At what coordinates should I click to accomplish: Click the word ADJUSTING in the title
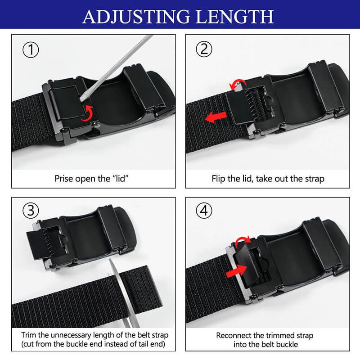(136, 17)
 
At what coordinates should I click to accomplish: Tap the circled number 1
(31, 50)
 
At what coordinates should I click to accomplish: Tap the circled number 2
(204, 49)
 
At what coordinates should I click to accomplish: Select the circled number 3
(31, 211)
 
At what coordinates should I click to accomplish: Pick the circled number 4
(204, 210)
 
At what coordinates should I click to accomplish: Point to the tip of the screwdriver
(82, 99)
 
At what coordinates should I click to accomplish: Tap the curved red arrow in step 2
(238, 83)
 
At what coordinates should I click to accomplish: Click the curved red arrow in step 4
(242, 239)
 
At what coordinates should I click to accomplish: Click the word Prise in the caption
(64, 179)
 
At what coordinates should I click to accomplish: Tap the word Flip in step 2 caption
(218, 179)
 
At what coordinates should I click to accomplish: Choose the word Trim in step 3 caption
(29, 335)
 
